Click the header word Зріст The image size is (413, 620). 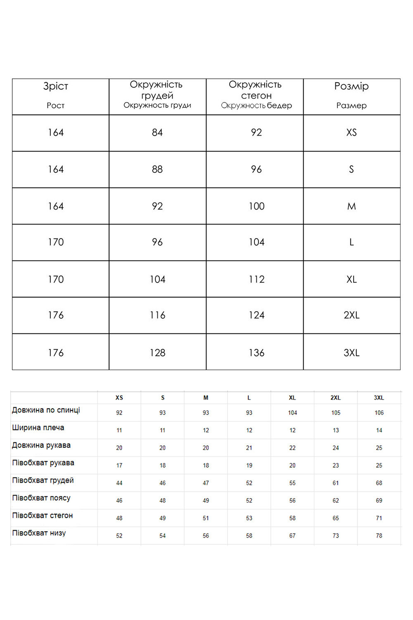(x=56, y=86)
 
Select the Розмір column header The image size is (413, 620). (x=351, y=86)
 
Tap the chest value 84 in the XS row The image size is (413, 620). (x=157, y=133)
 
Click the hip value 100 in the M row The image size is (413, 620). (x=256, y=206)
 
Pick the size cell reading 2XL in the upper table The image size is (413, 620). (x=351, y=315)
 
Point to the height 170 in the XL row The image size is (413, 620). (x=56, y=279)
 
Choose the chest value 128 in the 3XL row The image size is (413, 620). (x=157, y=353)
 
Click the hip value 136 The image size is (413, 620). (x=256, y=353)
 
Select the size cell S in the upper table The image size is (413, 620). (x=351, y=169)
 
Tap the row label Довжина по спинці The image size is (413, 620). (x=46, y=410)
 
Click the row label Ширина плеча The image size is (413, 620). (x=38, y=428)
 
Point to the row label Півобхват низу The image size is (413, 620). (x=39, y=533)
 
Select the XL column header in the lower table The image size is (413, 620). (x=292, y=398)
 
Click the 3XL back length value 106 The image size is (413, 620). (x=379, y=413)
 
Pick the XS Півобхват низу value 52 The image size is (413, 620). (x=119, y=536)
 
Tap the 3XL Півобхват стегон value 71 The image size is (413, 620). (x=379, y=518)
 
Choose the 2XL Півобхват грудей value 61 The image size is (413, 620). (x=336, y=483)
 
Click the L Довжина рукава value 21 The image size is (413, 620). (x=249, y=448)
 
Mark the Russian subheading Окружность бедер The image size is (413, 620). (x=256, y=105)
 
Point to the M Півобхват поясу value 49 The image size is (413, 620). (x=206, y=501)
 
